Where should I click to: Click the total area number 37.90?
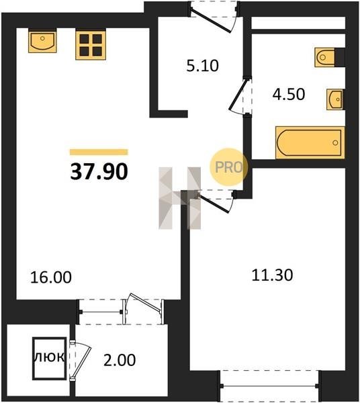tap(99, 172)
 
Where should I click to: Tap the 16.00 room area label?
tap(51, 277)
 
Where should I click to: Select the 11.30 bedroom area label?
tap(272, 275)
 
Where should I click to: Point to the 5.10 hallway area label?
tap(202, 66)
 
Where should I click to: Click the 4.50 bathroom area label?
tap(289, 94)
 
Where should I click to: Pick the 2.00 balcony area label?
tap(120, 360)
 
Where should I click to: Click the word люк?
tap(49, 357)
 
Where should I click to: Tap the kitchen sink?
tap(42, 41)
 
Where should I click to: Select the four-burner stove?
tap(91, 45)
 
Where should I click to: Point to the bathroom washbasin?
tap(335, 99)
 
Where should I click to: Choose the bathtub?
tap(310, 142)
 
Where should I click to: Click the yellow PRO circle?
tap(228, 167)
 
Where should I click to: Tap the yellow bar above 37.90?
tap(99, 152)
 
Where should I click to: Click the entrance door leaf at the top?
tap(211, 20)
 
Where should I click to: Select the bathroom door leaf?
tap(238, 94)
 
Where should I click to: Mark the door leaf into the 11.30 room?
tap(213, 203)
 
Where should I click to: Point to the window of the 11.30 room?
tap(269, 386)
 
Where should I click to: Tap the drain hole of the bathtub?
tap(335, 142)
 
